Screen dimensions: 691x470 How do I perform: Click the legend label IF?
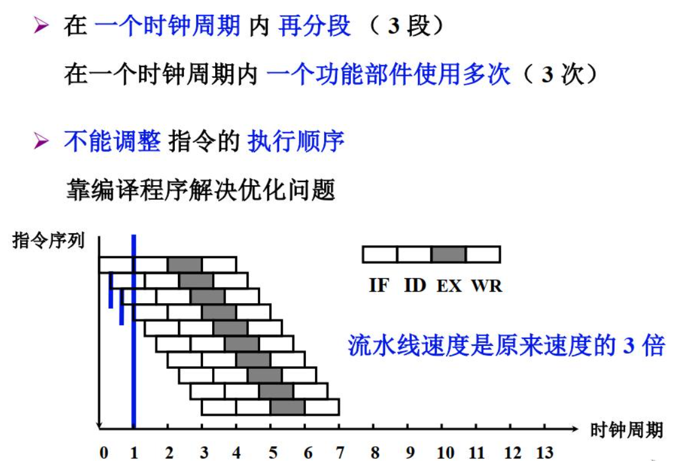click(x=378, y=285)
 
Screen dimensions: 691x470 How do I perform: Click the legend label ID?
click(x=415, y=285)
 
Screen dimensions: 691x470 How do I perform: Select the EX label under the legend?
click(x=449, y=285)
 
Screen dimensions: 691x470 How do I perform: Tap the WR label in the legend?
click(x=486, y=285)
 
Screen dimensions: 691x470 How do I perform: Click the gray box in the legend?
click(x=448, y=254)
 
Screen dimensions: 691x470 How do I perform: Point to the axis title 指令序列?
click(x=48, y=240)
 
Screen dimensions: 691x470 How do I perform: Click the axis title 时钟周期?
click(x=626, y=430)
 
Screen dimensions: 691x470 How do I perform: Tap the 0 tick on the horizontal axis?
click(x=104, y=453)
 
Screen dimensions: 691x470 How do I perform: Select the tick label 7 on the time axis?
click(x=340, y=453)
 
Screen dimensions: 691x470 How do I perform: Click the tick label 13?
click(x=544, y=453)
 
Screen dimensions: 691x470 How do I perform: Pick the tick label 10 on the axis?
click(x=445, y=453)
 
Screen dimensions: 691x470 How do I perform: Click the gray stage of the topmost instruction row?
click(x=185, y=264)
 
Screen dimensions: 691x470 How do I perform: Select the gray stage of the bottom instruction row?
click(x=287, y=407)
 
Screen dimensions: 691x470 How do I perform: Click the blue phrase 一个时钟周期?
click(x=168, y=27)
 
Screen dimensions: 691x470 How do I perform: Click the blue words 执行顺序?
click(x=296, y=142)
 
